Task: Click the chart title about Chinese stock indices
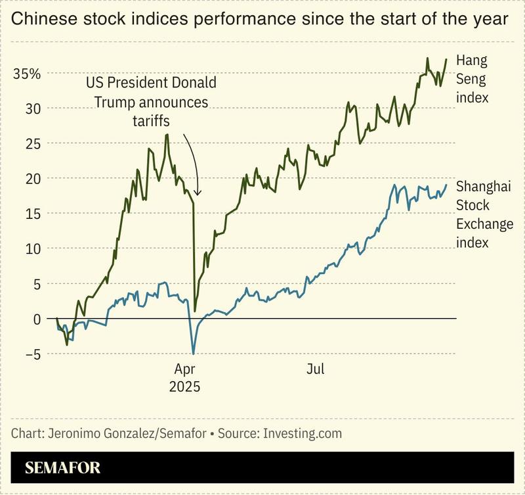tap(260, 20)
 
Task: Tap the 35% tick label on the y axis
tap(28, 74)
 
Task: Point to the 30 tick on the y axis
tap(33, 108)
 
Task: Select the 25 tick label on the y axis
tap(33, 143)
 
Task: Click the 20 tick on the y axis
tap(33, 178)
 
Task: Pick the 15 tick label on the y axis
tap(33, 214)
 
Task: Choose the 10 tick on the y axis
tap(33, 248)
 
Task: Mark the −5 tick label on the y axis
tap(30, 354)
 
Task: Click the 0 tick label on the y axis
tap(37, 319)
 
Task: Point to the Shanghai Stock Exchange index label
tap(484, 214)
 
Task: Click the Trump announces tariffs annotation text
tap(151, 103)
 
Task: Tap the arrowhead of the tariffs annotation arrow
tap(198, 193)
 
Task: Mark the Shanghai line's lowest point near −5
tap(193, 354)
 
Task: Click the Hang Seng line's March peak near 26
tap(167, 135)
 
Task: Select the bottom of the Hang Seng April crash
tap(196, 311)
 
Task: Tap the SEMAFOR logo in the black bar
tap(63, 469)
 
